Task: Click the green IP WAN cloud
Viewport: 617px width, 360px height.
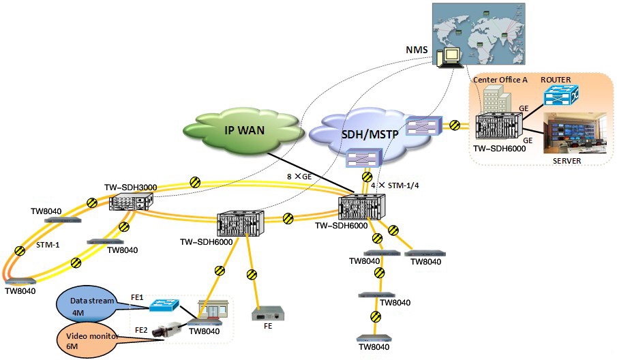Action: click(x=244, y=130)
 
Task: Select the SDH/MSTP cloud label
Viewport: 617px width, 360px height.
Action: click(x=370, y=134)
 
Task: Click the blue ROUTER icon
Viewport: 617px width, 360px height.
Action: click(x=561, y=94)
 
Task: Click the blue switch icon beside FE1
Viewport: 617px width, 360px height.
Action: click(x=164, y=305)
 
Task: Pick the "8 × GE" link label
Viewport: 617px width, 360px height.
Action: click(x=299, y=177)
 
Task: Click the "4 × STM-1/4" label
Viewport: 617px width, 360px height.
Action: click(x=395, y=185)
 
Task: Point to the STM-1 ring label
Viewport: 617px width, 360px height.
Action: click(x=48, y=245)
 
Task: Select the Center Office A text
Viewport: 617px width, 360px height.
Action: click(x=500, y=80)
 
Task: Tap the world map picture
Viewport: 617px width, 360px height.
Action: click(x=479, y=33)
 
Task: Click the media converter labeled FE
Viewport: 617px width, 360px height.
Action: click(x=268, y=314)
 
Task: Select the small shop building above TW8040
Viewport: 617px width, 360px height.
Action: click(x=213, y=310)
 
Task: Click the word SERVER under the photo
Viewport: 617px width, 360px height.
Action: click(x=567, y=161)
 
